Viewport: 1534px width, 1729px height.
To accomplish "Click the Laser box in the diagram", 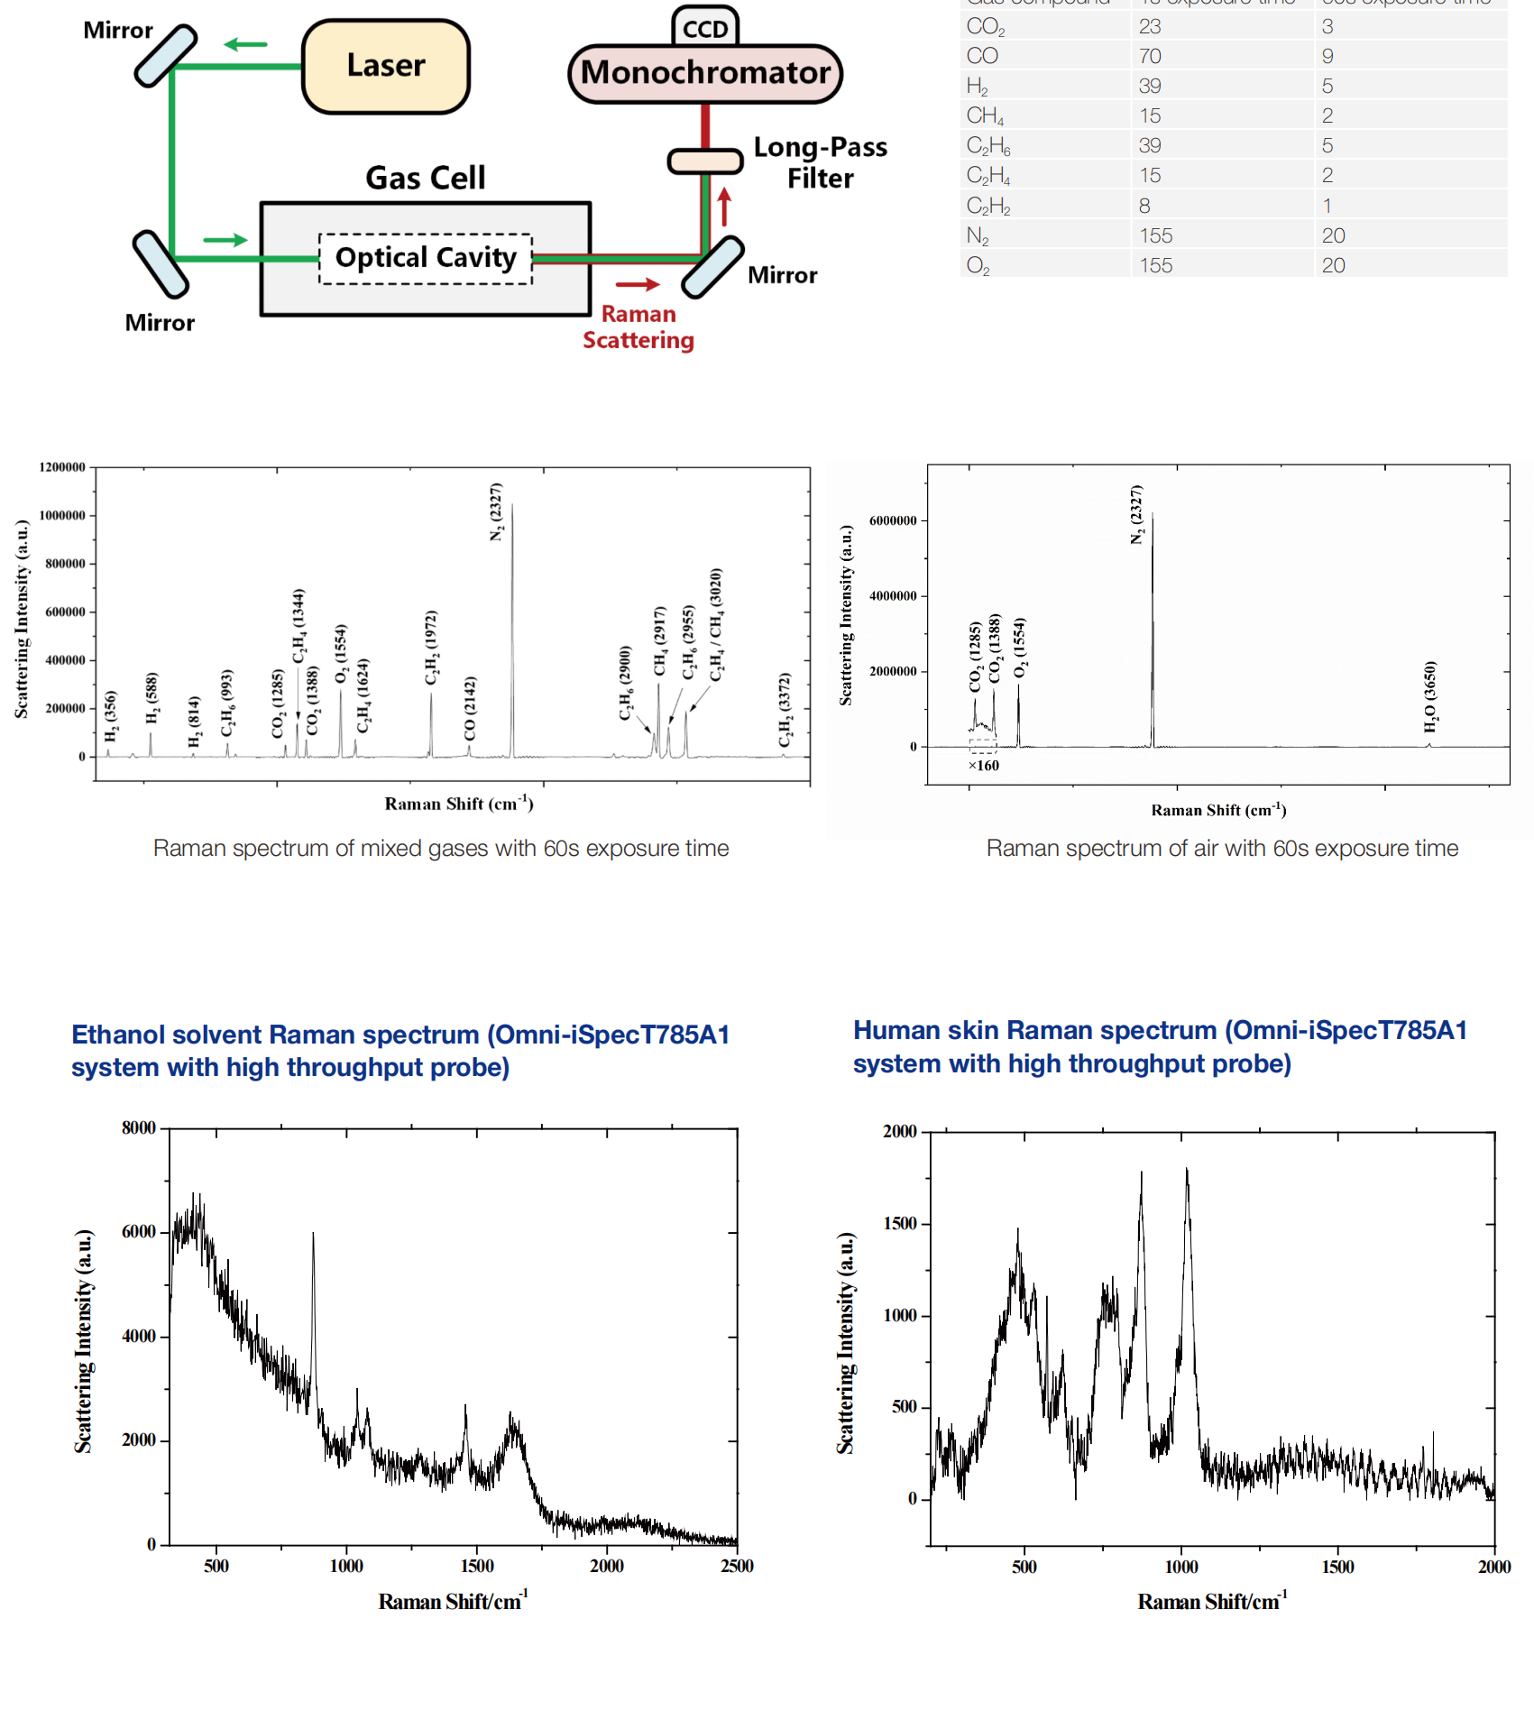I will click(x=386, y=67).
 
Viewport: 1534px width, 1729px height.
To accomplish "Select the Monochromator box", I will click(x=705, y=73).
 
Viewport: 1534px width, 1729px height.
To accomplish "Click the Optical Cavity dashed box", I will click(x=426, y=259).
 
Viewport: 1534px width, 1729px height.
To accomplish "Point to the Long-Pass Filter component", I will click(x=705, y=161).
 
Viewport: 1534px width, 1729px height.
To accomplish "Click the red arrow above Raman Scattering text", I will click(x=638, y=285).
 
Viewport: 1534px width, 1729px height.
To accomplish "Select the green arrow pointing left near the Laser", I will click(x=245, y=44).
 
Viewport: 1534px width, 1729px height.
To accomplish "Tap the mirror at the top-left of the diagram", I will click(x=166, y=56).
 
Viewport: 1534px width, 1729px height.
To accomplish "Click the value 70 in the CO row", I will click(x=1150, y=56).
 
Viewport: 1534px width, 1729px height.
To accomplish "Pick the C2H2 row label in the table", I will click(x=988, y=206).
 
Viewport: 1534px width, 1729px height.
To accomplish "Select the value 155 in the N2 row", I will click(x=1155, y=235).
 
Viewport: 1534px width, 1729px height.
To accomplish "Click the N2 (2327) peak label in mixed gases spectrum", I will click(x=496, y=512).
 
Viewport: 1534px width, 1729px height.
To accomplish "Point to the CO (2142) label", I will click(x=470, y=708).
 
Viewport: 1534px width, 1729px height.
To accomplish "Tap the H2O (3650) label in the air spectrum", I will click(x=1430, y=697).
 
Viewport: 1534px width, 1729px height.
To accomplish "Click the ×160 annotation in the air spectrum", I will click(x=984, y=766).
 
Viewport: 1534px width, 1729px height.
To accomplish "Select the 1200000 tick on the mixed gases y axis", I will click(x=62, y=467).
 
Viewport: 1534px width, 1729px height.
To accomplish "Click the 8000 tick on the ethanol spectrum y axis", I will click(x=139, y=1128).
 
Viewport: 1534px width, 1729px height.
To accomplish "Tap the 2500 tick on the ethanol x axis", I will click(x=737, y=1567).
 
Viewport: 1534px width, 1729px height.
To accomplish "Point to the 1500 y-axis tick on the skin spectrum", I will click(x=899, y=1223).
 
